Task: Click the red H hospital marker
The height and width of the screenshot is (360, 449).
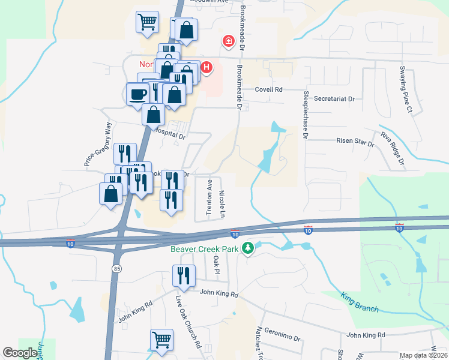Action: pyautogui.click(x=206, y=67)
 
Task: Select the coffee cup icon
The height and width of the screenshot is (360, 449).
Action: pyautogui.click(x=138, y=94)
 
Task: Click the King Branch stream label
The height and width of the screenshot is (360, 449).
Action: pyautogui.click(x=360, y=302)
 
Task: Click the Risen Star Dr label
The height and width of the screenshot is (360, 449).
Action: pyautogui.click(x=354, y=143)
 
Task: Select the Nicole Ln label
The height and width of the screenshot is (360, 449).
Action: pyautogui.click(x=223, y=204)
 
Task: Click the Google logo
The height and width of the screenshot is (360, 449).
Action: pyautogui.click(x=20, y=353)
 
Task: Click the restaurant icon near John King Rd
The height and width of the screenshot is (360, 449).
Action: pyautogui.click(x=182, y=275)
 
